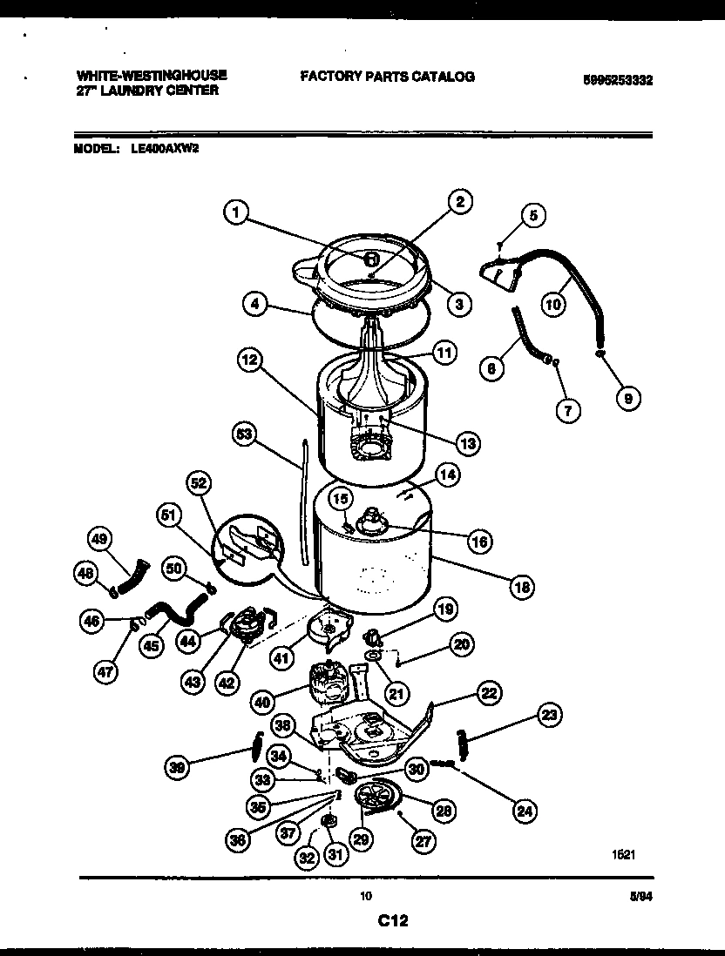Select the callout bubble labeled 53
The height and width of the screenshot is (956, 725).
pyautogui.click(x=247, y=433)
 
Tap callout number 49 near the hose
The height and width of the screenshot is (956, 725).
pyautogui.click(x=101, y=540)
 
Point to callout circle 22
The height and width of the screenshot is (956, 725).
pyautogui.click(x=489, y=693)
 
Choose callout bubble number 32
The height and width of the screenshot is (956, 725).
pyautogui.click(x=307, y=856)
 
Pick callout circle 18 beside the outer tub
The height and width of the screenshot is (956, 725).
pyautogui.click(x=523, y=587)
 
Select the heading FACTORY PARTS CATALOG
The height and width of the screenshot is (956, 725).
pyautogui.click(x=387, y=77)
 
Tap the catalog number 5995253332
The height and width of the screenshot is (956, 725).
pyautogui.click(x=618, y=80)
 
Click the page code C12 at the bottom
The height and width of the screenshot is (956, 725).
pyautogui.click(x=393, y=919)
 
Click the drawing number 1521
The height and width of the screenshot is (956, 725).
pyautogui.click(x=623, y=855)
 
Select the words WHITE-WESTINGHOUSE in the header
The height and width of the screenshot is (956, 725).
pyautogui.click(x=152, y=75)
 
